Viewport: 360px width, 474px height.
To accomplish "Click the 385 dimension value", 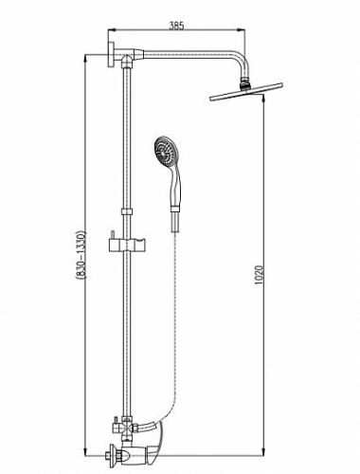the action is pos(176,26).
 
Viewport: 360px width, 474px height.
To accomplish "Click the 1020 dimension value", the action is pos(259,275).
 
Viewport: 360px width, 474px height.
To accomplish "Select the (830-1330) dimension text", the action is pos(81,255).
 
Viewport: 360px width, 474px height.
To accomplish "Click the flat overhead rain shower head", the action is pos(246,92).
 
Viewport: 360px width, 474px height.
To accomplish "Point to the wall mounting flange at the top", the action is pos(112,54).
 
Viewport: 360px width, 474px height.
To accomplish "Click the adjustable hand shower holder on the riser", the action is pos(127,246).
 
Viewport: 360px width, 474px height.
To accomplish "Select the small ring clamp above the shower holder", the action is pos(127,211).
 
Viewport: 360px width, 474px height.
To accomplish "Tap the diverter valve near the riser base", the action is pos(126,428).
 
